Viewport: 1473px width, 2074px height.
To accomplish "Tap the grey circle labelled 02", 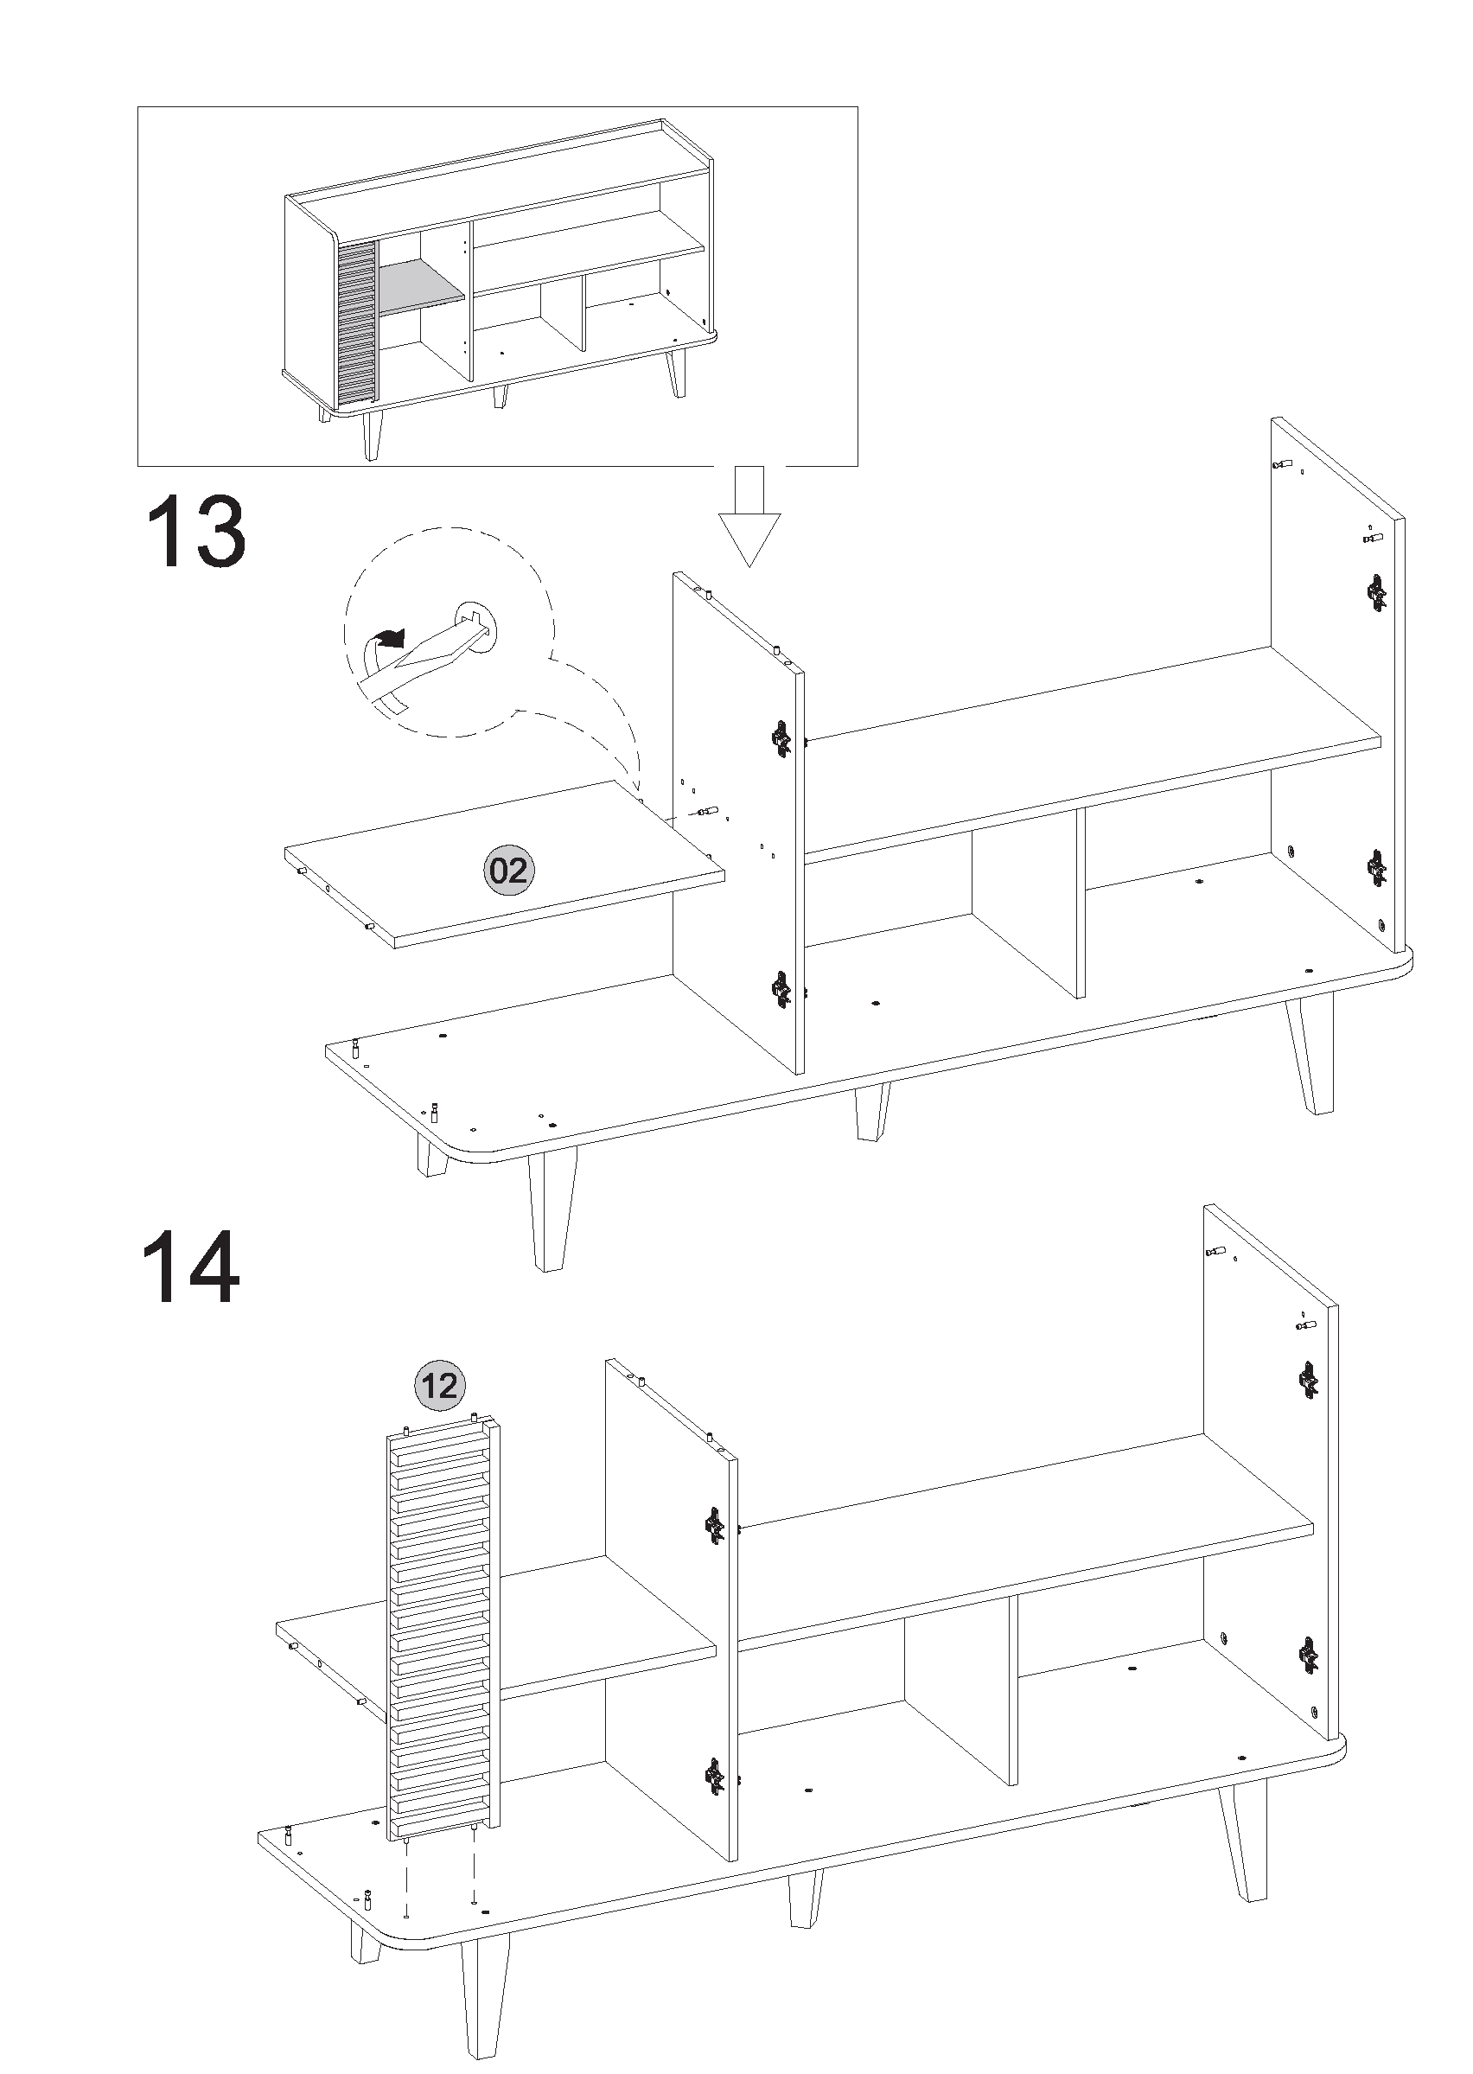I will pos(508,871).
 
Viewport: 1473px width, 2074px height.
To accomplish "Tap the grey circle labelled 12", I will pos(440,1386).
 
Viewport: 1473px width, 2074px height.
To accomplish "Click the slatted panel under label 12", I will pos(443,1632).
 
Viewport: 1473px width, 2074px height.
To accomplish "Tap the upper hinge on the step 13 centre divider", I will pos(781,739).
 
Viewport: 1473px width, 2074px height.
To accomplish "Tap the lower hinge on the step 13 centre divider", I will pos(781,989).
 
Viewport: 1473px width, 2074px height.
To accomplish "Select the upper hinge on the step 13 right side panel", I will pos(1377,593).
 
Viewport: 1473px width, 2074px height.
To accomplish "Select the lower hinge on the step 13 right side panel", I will pos(1377,869).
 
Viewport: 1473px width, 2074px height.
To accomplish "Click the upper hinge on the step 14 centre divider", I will pos(715,1526).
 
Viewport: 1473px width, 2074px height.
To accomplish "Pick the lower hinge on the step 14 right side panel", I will pos(1308,1656).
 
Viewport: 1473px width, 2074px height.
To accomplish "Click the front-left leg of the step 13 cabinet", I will pos(551,1210).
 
